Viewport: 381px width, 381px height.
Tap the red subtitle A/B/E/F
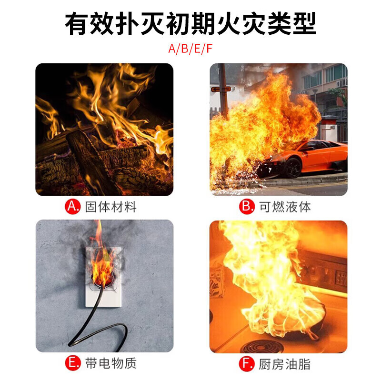pos(190,50)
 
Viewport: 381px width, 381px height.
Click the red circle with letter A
pos(72,207)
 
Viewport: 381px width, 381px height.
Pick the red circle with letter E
pos(72,364)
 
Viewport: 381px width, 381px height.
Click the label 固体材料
pos(110,207)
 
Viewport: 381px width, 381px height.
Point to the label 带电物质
pos(110,364)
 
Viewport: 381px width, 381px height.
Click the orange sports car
pos(310,157)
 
